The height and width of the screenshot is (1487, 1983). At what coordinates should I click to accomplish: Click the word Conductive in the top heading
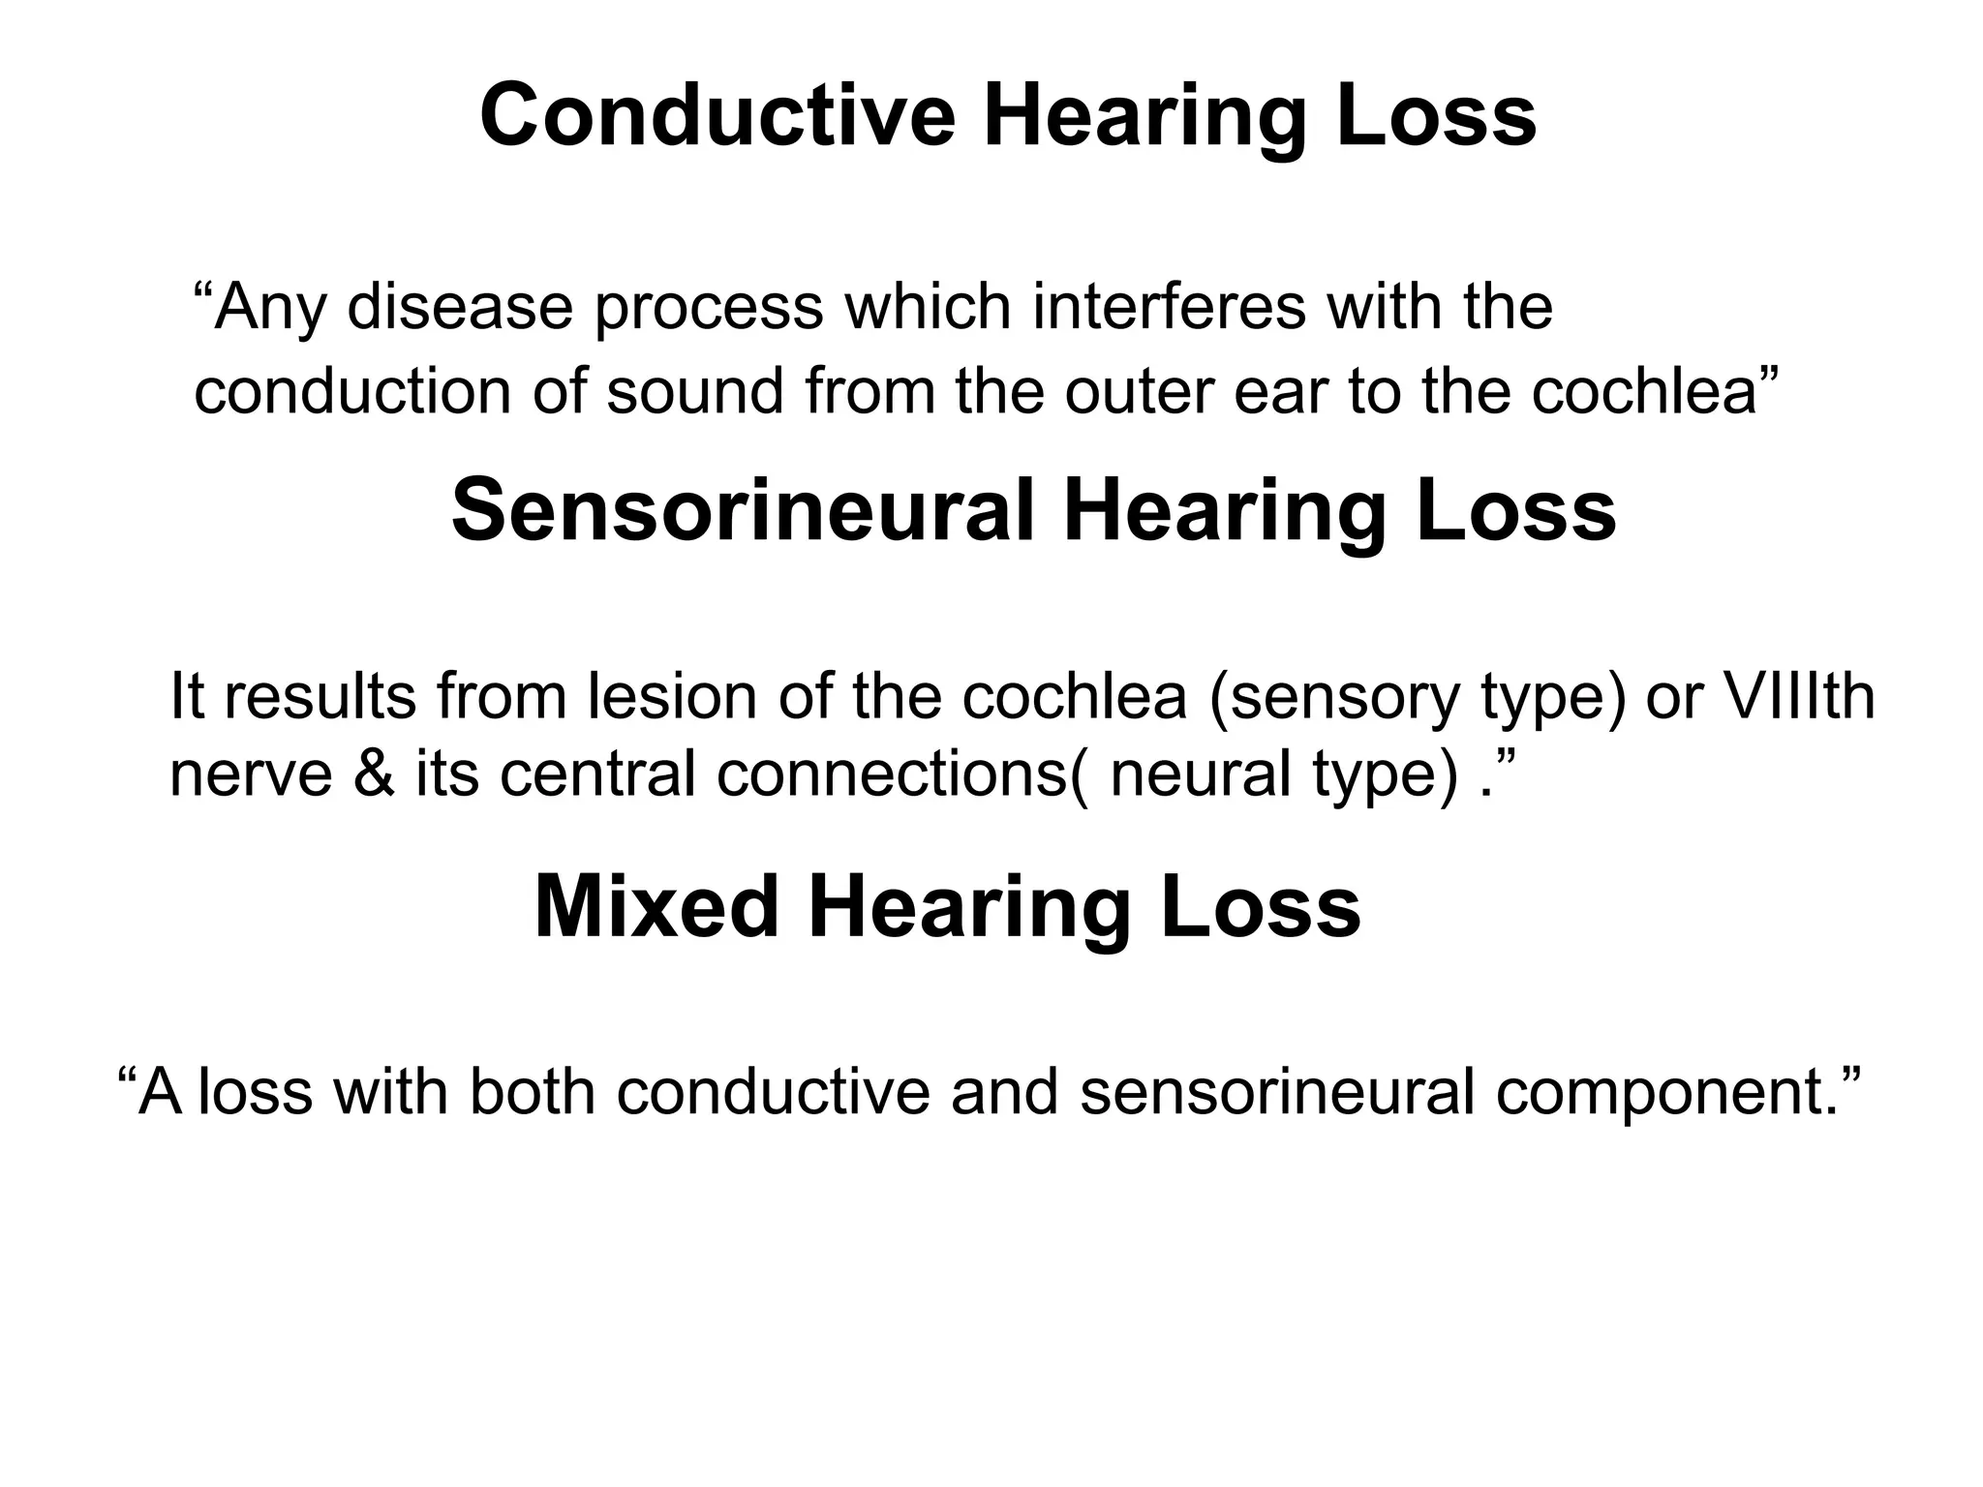(x=717, y=115)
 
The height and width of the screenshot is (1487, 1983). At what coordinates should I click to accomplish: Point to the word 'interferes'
(x=1170, y=307)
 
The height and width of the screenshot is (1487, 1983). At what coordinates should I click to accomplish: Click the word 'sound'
(x=695, y=392)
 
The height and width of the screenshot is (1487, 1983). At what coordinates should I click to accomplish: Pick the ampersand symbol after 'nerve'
(x=374, y=775)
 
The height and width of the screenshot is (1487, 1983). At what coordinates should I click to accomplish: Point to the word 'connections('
(x=902, y=775)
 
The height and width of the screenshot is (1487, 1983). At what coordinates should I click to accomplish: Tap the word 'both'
(x=532, y=1091)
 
